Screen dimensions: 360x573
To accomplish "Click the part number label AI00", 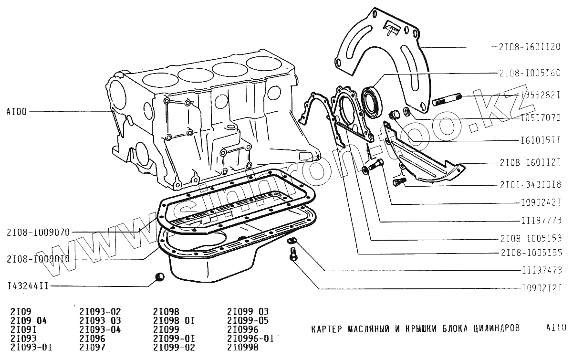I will point(17,112).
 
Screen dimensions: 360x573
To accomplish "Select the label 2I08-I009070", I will point(38,233).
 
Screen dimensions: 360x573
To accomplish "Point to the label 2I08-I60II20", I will point(529,47).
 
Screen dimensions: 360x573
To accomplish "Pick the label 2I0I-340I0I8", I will point(529,184).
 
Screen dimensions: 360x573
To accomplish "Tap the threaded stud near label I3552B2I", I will point(446,101).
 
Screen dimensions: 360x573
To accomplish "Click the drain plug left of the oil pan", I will point(160,277).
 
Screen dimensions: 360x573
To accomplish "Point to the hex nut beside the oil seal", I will point(394,115).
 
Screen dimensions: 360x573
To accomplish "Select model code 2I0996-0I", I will point(250,339).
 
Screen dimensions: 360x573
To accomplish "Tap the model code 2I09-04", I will point(28,320).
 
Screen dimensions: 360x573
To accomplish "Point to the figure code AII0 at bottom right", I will point(556,328).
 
